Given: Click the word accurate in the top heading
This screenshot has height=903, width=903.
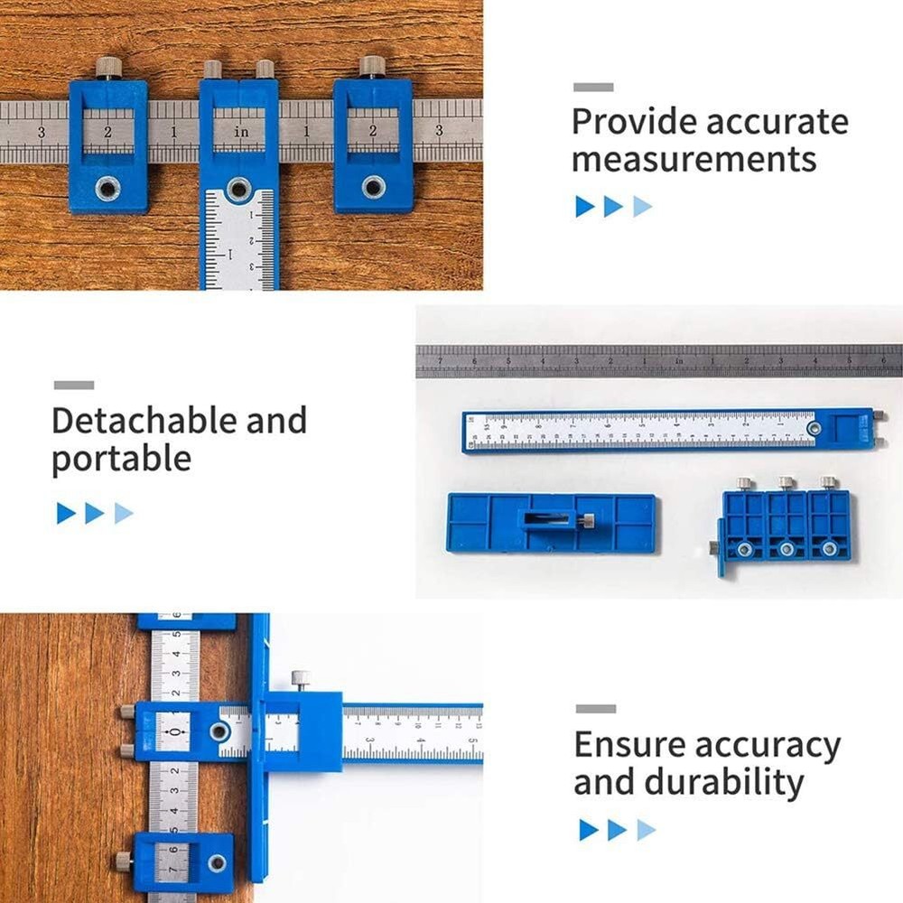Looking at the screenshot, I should (x=777, y=122).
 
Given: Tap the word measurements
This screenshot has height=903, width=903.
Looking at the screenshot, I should (x=694, y=160).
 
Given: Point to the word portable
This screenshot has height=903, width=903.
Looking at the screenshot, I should (x=121, y=459).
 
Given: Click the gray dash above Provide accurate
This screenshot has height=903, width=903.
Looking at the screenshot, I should (x=593, y=88).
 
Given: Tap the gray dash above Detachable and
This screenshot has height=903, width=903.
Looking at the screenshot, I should (x=73, y=386).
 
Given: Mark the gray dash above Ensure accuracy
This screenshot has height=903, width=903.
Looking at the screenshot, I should (x=596, y=709).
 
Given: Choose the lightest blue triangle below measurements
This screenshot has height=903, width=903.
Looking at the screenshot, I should (x=642, y=207).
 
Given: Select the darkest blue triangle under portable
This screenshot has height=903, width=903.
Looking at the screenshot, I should (x=66, y=514).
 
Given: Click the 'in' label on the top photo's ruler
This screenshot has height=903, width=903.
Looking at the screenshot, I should (x=241, y=132).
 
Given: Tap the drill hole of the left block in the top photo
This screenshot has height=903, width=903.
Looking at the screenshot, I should (x=108, y=188).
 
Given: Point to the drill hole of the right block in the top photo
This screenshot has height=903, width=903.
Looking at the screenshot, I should (x=373, y=187).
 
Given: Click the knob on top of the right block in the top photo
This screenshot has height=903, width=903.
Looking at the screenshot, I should (x=372, y=66).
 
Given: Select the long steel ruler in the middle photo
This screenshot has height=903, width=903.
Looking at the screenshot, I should (x=658, y=360).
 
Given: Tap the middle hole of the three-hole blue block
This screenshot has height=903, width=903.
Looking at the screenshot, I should (x=787, y=548).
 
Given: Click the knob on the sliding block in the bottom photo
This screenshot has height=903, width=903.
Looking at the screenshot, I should (x=300, y=678).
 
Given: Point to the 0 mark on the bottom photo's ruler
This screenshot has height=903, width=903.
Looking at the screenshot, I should (x=173, y=732).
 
